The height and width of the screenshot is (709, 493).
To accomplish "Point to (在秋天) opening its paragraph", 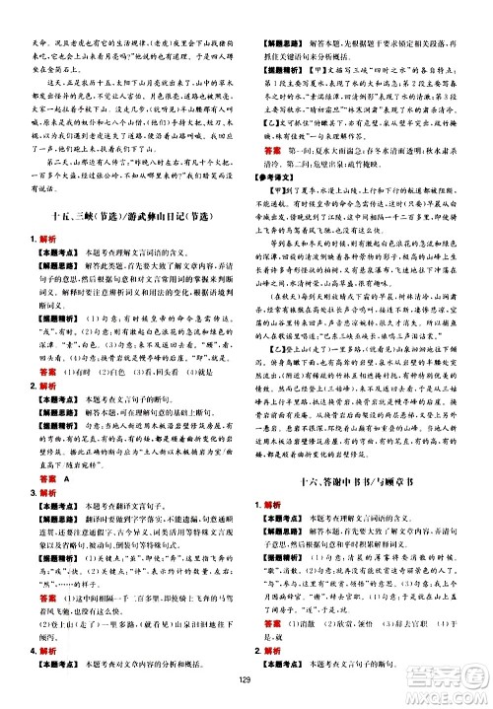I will point(293,291).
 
